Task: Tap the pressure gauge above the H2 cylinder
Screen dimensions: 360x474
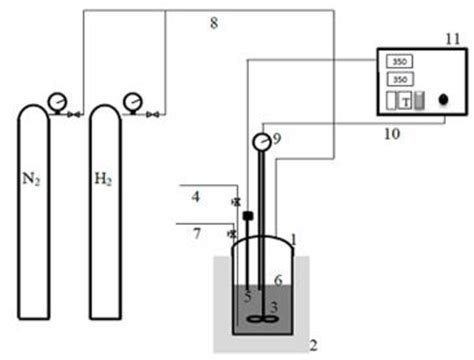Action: pos(131,101)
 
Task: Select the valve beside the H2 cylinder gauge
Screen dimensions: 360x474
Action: pos(151,116)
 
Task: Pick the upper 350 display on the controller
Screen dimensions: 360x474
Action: pos(399,61)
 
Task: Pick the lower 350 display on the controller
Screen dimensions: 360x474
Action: pos(399,78)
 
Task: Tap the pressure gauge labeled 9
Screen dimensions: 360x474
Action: pos(263,141)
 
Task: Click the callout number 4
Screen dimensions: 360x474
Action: pos(197,197)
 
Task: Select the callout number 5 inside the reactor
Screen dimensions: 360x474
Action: pos(248,295)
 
